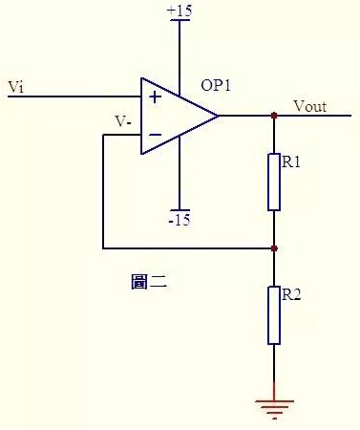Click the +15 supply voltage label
point(179,11)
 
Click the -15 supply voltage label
point(179,220)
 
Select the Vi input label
point(15,87)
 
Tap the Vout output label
point(309,106)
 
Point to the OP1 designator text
point(216,85)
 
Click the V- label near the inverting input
point(123,121)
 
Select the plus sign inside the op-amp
point(155,97)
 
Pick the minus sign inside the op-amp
point(155,136)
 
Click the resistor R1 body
point(274,182)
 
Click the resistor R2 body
point(274,315)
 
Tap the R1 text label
point(291,162)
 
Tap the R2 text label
point(291,295)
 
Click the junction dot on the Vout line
point(274,116)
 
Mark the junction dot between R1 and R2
point(274,248)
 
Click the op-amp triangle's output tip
point(218,116)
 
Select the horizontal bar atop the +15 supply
point(179,19)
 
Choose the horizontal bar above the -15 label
point(179,209)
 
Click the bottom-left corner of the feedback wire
point(102,248)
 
